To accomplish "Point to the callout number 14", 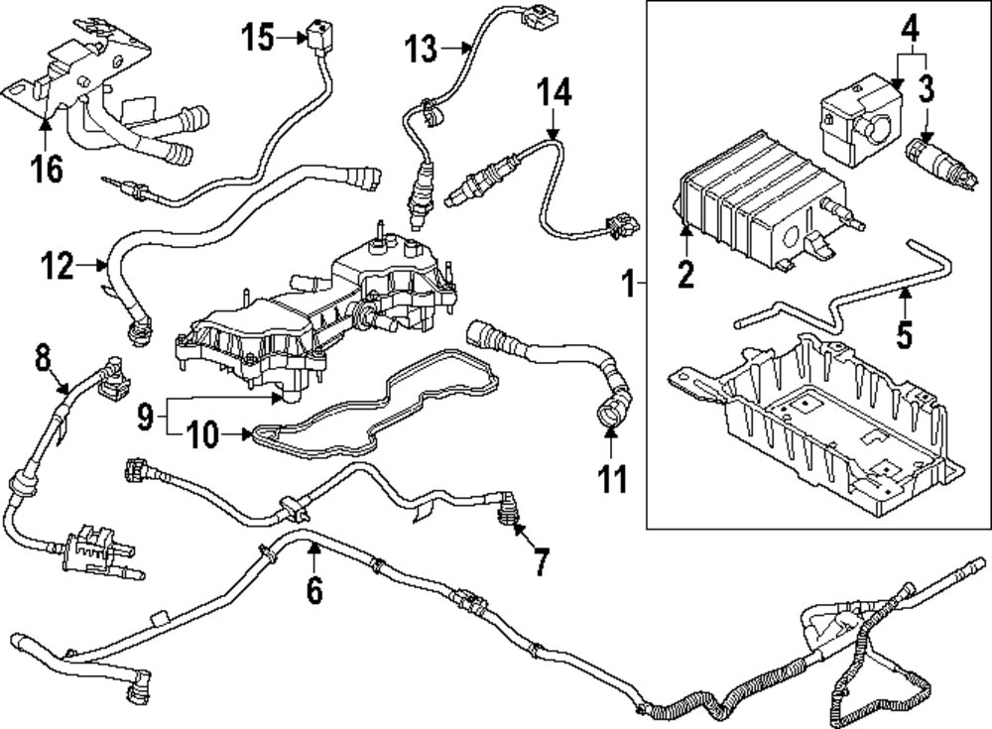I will click(556, 95).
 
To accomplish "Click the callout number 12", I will click(59, 265).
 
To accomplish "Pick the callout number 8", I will click(42, 356).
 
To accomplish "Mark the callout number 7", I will click(541, 562).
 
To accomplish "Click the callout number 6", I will click(313, 589).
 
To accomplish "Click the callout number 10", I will click(201, 433).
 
